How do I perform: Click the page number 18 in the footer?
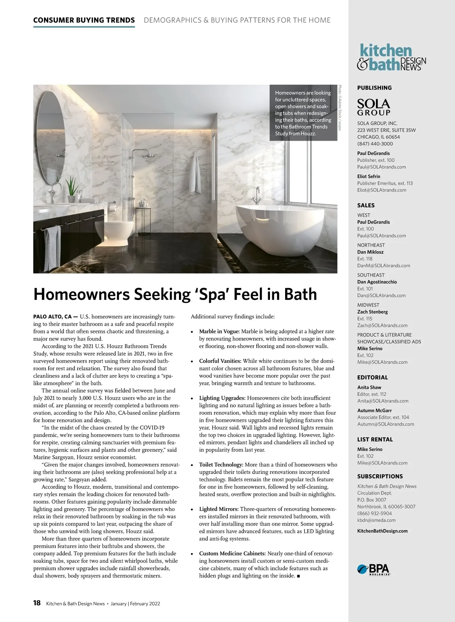[x=37, y=603]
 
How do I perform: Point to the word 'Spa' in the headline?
[x=213, y=294]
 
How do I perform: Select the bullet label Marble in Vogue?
[x=220, y=331]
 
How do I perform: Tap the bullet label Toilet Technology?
[x=221, y=465]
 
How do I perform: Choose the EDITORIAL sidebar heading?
[x=372, y=378]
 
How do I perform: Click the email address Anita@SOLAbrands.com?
[x=383, y=401]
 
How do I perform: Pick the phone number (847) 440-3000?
[x=375, y=144]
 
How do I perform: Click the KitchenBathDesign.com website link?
[x=382, y=531]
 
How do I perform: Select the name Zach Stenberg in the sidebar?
[x=372, y=312]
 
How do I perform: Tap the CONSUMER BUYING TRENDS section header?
[x=84, y=20]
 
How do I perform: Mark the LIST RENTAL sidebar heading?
[x=375, y=439]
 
